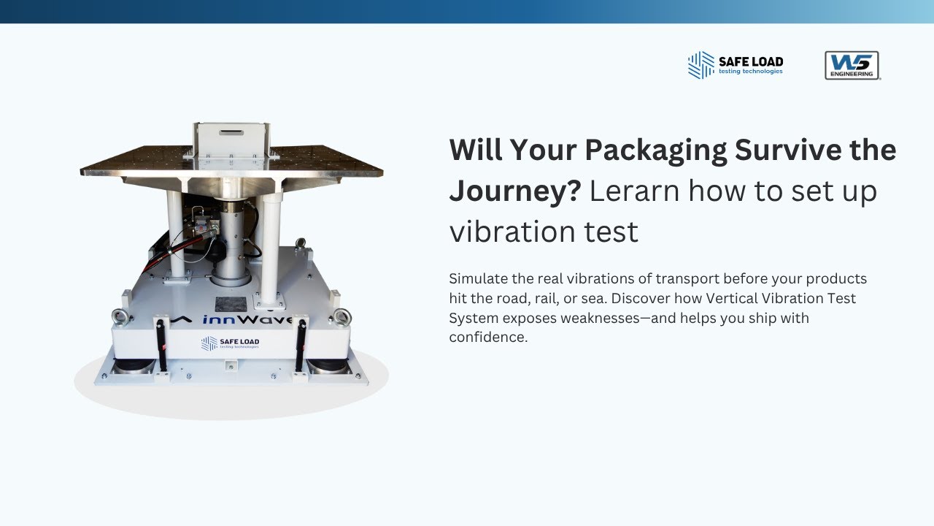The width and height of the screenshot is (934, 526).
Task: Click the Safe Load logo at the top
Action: coord(735,64)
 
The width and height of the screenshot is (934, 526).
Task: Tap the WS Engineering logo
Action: coord(852,65)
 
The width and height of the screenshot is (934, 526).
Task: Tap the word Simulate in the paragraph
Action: coord(478,278)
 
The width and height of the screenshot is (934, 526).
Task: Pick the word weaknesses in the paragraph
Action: coord(659,318)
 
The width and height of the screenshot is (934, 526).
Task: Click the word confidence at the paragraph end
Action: coord(487,338)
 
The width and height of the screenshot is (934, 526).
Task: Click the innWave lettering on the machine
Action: coord(248,320)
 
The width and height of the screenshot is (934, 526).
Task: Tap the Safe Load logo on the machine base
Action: coord(230,343)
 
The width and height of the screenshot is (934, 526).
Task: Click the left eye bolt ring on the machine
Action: coord(120,316)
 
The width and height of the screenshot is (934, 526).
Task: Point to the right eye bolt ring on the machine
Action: coord(341,316)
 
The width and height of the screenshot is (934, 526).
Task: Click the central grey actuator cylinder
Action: coord(231,241)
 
